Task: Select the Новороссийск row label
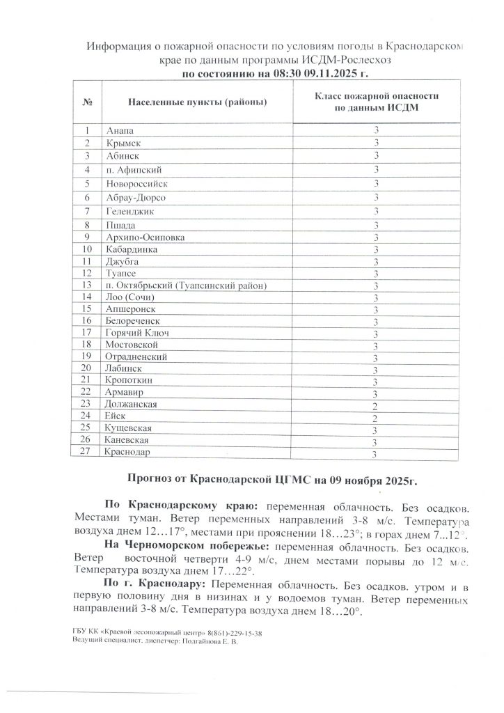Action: tap(136, 184)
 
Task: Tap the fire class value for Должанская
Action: tap(375, 405)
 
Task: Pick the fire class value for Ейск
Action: tap(375, 418)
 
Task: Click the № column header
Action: tap(88, 103)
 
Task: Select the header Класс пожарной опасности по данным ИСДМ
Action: tap(376, 102)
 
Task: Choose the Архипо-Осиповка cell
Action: tap(145, 237)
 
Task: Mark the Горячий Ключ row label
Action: tap(137, 333)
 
